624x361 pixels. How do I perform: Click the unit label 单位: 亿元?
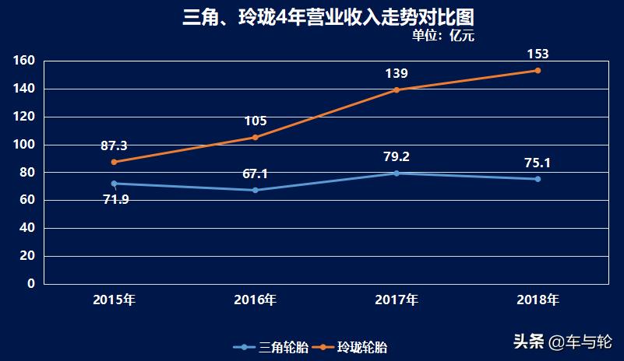tap(442, 35)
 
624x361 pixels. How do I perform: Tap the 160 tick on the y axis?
tap(25, 61)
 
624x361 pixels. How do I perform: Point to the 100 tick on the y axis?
tap(25, 145)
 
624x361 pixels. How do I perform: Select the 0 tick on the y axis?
tap(31, 284)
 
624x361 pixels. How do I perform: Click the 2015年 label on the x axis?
tap(114, 300)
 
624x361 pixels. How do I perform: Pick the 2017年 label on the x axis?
tap(397, 300)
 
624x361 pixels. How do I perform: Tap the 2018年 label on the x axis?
tap(538, 300)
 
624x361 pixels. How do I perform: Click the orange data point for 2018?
tap(538, 71)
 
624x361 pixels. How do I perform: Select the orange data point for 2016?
tap(255, 138)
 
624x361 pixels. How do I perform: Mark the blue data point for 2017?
tap(397, 173)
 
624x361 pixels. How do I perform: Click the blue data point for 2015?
tap(114, 184)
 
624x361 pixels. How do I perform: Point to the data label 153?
tap(538, 54)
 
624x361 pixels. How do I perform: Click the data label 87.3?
tap(114, 145)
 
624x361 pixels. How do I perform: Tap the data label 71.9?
tap(116, 199)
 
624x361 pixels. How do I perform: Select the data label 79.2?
tap(397, 157)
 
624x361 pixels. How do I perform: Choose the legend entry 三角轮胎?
tap(273, 347)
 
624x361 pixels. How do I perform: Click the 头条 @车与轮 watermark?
tap(562, 342)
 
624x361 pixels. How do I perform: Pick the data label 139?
tap(397, 73)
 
